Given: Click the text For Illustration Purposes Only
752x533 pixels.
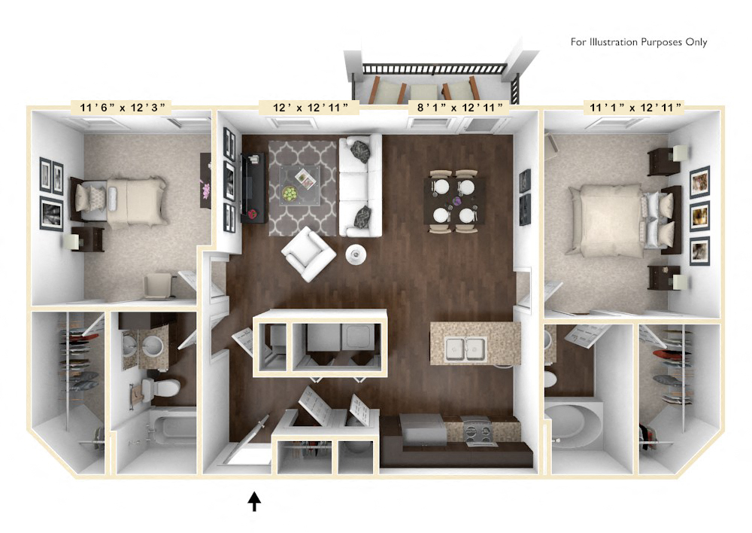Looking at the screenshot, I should (x=638, y=42).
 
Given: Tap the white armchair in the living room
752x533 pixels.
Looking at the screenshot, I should (x=308, y=254).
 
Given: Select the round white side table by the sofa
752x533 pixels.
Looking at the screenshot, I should (x=356, y=254).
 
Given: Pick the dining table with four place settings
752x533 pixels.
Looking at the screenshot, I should (x=453, y=199).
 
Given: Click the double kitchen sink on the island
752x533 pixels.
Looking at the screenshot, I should (x=465, y=348).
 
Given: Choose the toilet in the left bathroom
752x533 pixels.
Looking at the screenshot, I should (x=160, y=388).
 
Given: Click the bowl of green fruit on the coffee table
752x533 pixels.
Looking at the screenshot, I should (x=290, y=193).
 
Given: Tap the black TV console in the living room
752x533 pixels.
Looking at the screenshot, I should (x=253, y=187).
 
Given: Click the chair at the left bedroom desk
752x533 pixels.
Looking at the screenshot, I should (x=158, y=285).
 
